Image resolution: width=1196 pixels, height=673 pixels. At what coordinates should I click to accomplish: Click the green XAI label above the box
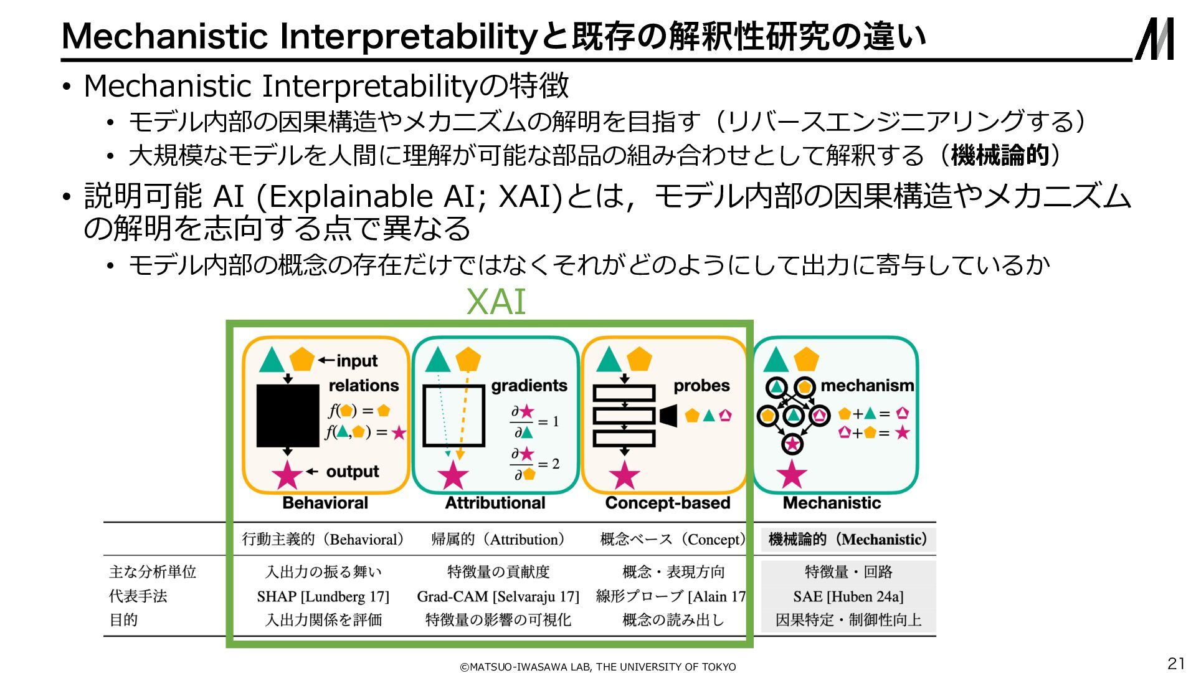pos(496,302)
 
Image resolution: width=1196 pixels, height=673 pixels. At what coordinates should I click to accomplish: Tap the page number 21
pos(1175,663)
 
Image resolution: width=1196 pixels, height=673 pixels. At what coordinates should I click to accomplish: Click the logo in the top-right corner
pos(1154,39)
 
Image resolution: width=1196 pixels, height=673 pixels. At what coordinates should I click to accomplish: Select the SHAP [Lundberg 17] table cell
pos(323,596)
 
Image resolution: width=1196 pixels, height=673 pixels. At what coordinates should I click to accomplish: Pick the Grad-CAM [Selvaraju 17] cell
pos(498,596)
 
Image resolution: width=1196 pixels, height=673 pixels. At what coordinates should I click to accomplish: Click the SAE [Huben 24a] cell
pos(848,596)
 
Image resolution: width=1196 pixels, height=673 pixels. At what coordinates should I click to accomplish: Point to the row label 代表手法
pos(138,596)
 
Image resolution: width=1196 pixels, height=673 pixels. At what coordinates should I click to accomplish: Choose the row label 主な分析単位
pos(153,571)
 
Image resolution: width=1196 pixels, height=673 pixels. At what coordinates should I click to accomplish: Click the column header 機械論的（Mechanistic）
pos(848,540)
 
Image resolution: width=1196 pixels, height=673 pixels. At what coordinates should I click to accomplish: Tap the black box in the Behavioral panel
pos(288,416)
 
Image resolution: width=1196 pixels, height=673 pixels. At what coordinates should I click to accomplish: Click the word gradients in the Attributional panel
pos(529,386)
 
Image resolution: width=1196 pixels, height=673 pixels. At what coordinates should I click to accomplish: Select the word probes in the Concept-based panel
pos(701,386)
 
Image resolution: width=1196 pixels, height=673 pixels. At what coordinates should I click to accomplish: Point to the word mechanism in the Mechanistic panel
pos(866,386)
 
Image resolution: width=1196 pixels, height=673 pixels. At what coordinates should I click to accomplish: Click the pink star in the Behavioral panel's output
pos(287,475)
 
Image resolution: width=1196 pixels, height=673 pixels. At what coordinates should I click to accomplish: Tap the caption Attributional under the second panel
pos(495,503)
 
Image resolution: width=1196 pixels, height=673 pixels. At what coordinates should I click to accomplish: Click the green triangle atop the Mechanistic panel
pos(776,361)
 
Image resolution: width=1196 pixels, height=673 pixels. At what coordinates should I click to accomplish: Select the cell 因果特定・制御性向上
pos(848,620)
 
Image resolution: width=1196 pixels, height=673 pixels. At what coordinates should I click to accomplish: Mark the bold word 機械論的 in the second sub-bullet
pos(1000,155)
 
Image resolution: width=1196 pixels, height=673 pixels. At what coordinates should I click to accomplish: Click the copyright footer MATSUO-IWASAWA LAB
pos(597,667)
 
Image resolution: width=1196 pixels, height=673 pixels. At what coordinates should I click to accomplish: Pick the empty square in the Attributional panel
pos(453,416)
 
